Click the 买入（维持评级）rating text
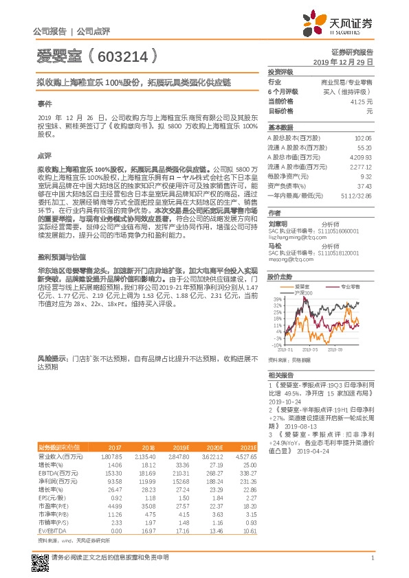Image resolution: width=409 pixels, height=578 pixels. (x=348, y=91)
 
